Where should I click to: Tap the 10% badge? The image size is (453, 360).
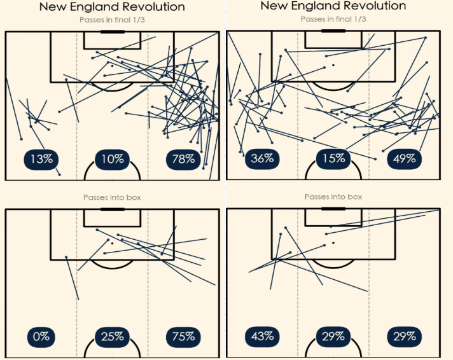(x=113, y=159)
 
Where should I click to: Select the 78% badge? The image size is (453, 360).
(x=183, y=159)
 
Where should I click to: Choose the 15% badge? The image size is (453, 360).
(x=333, y=158)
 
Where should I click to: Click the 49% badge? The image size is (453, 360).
(x=404, y=158)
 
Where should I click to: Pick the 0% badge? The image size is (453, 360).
(x=41, y=336)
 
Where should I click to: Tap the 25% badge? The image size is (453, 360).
(x=113, y=336)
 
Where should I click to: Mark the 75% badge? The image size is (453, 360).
(x=183, y=336)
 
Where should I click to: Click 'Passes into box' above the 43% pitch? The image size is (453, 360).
(x=333, y=197)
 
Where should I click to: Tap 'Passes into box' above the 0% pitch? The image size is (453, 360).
(x=112, y=198)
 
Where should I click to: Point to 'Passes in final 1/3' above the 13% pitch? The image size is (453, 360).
(x=112, y=20)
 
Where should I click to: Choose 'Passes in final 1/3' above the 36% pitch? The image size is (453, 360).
(x=333, y=19)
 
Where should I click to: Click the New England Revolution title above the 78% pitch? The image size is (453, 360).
(x=112, y=7)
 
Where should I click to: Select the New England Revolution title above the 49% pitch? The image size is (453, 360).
(x=333, y=6)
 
